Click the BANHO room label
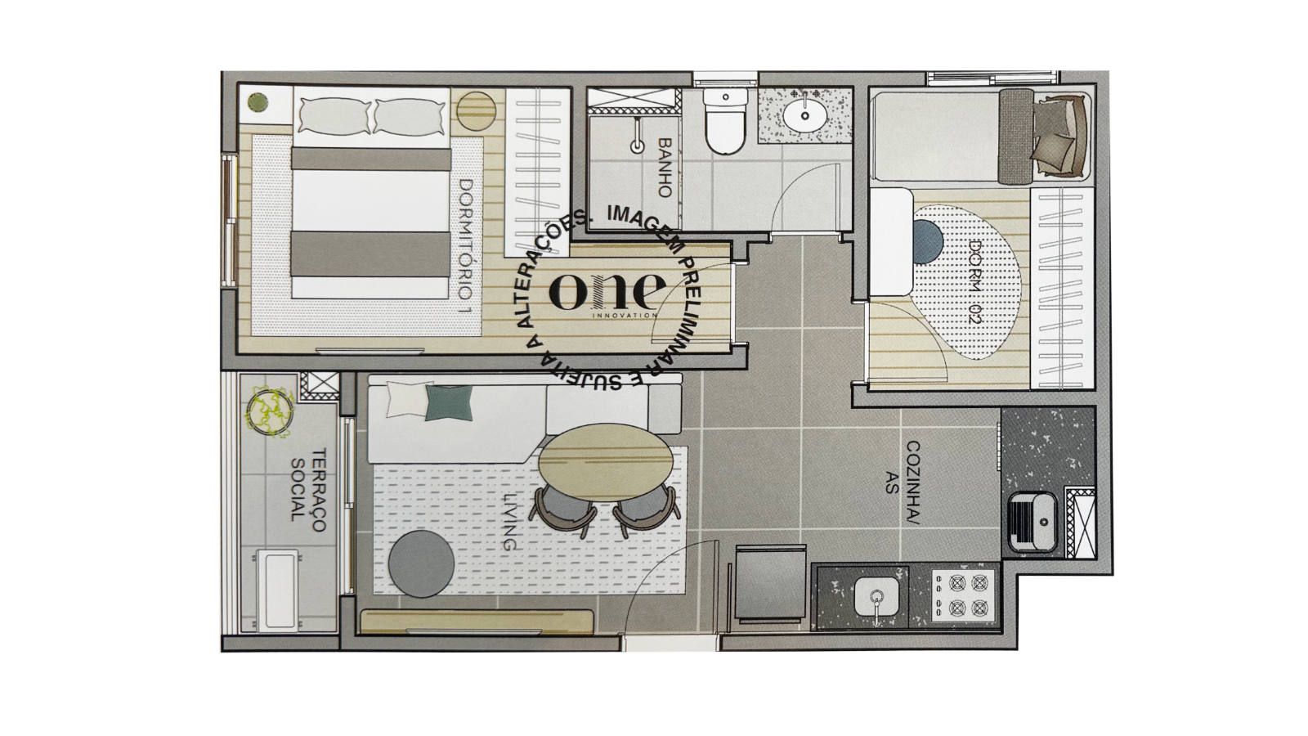click(665, 168)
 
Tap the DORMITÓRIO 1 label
click(465, 248)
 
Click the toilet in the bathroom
click(725, 121)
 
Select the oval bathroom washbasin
click(805, 116)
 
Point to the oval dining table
click(606, 462)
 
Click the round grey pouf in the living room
click(422, 563)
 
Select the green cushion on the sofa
click(449, 403)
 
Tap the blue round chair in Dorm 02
click(929, 242)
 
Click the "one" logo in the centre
click(608, 291)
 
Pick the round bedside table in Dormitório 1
click(477, 110)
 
